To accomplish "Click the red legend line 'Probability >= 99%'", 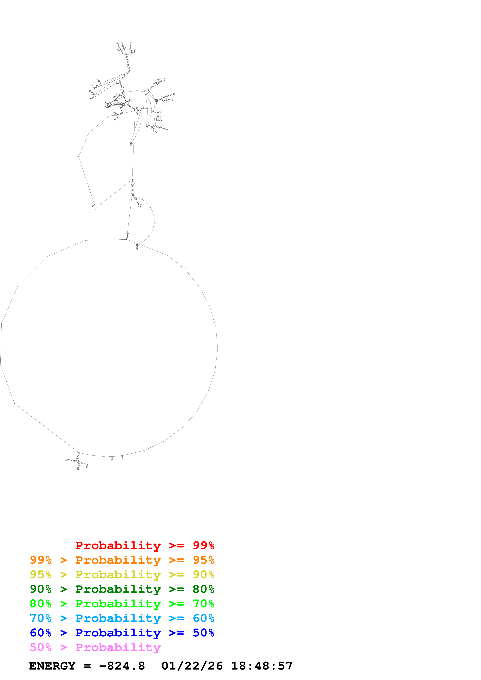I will tap(145, 545).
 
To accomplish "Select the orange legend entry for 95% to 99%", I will tap(122, 560).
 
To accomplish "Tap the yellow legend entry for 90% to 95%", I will tap(122, 575).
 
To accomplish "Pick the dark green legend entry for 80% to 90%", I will tap(122, 589).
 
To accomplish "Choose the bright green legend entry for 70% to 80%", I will tap(122, 604).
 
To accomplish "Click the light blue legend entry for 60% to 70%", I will tap(122, 618).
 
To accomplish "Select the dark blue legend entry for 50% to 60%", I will tap(122, 633).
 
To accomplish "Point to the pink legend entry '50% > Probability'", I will tap(95, 647).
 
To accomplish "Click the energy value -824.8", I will tap(122, 666).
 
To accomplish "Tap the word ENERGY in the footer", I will tap(52, 666).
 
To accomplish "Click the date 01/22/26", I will tap(192, 666).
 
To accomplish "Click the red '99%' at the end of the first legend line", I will tap(203, 545).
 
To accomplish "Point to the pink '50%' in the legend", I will tap(41, 647).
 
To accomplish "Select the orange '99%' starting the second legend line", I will tap(41, 560).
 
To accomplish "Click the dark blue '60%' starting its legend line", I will tap(41, 633).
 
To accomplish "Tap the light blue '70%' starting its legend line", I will tap(41, 618).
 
